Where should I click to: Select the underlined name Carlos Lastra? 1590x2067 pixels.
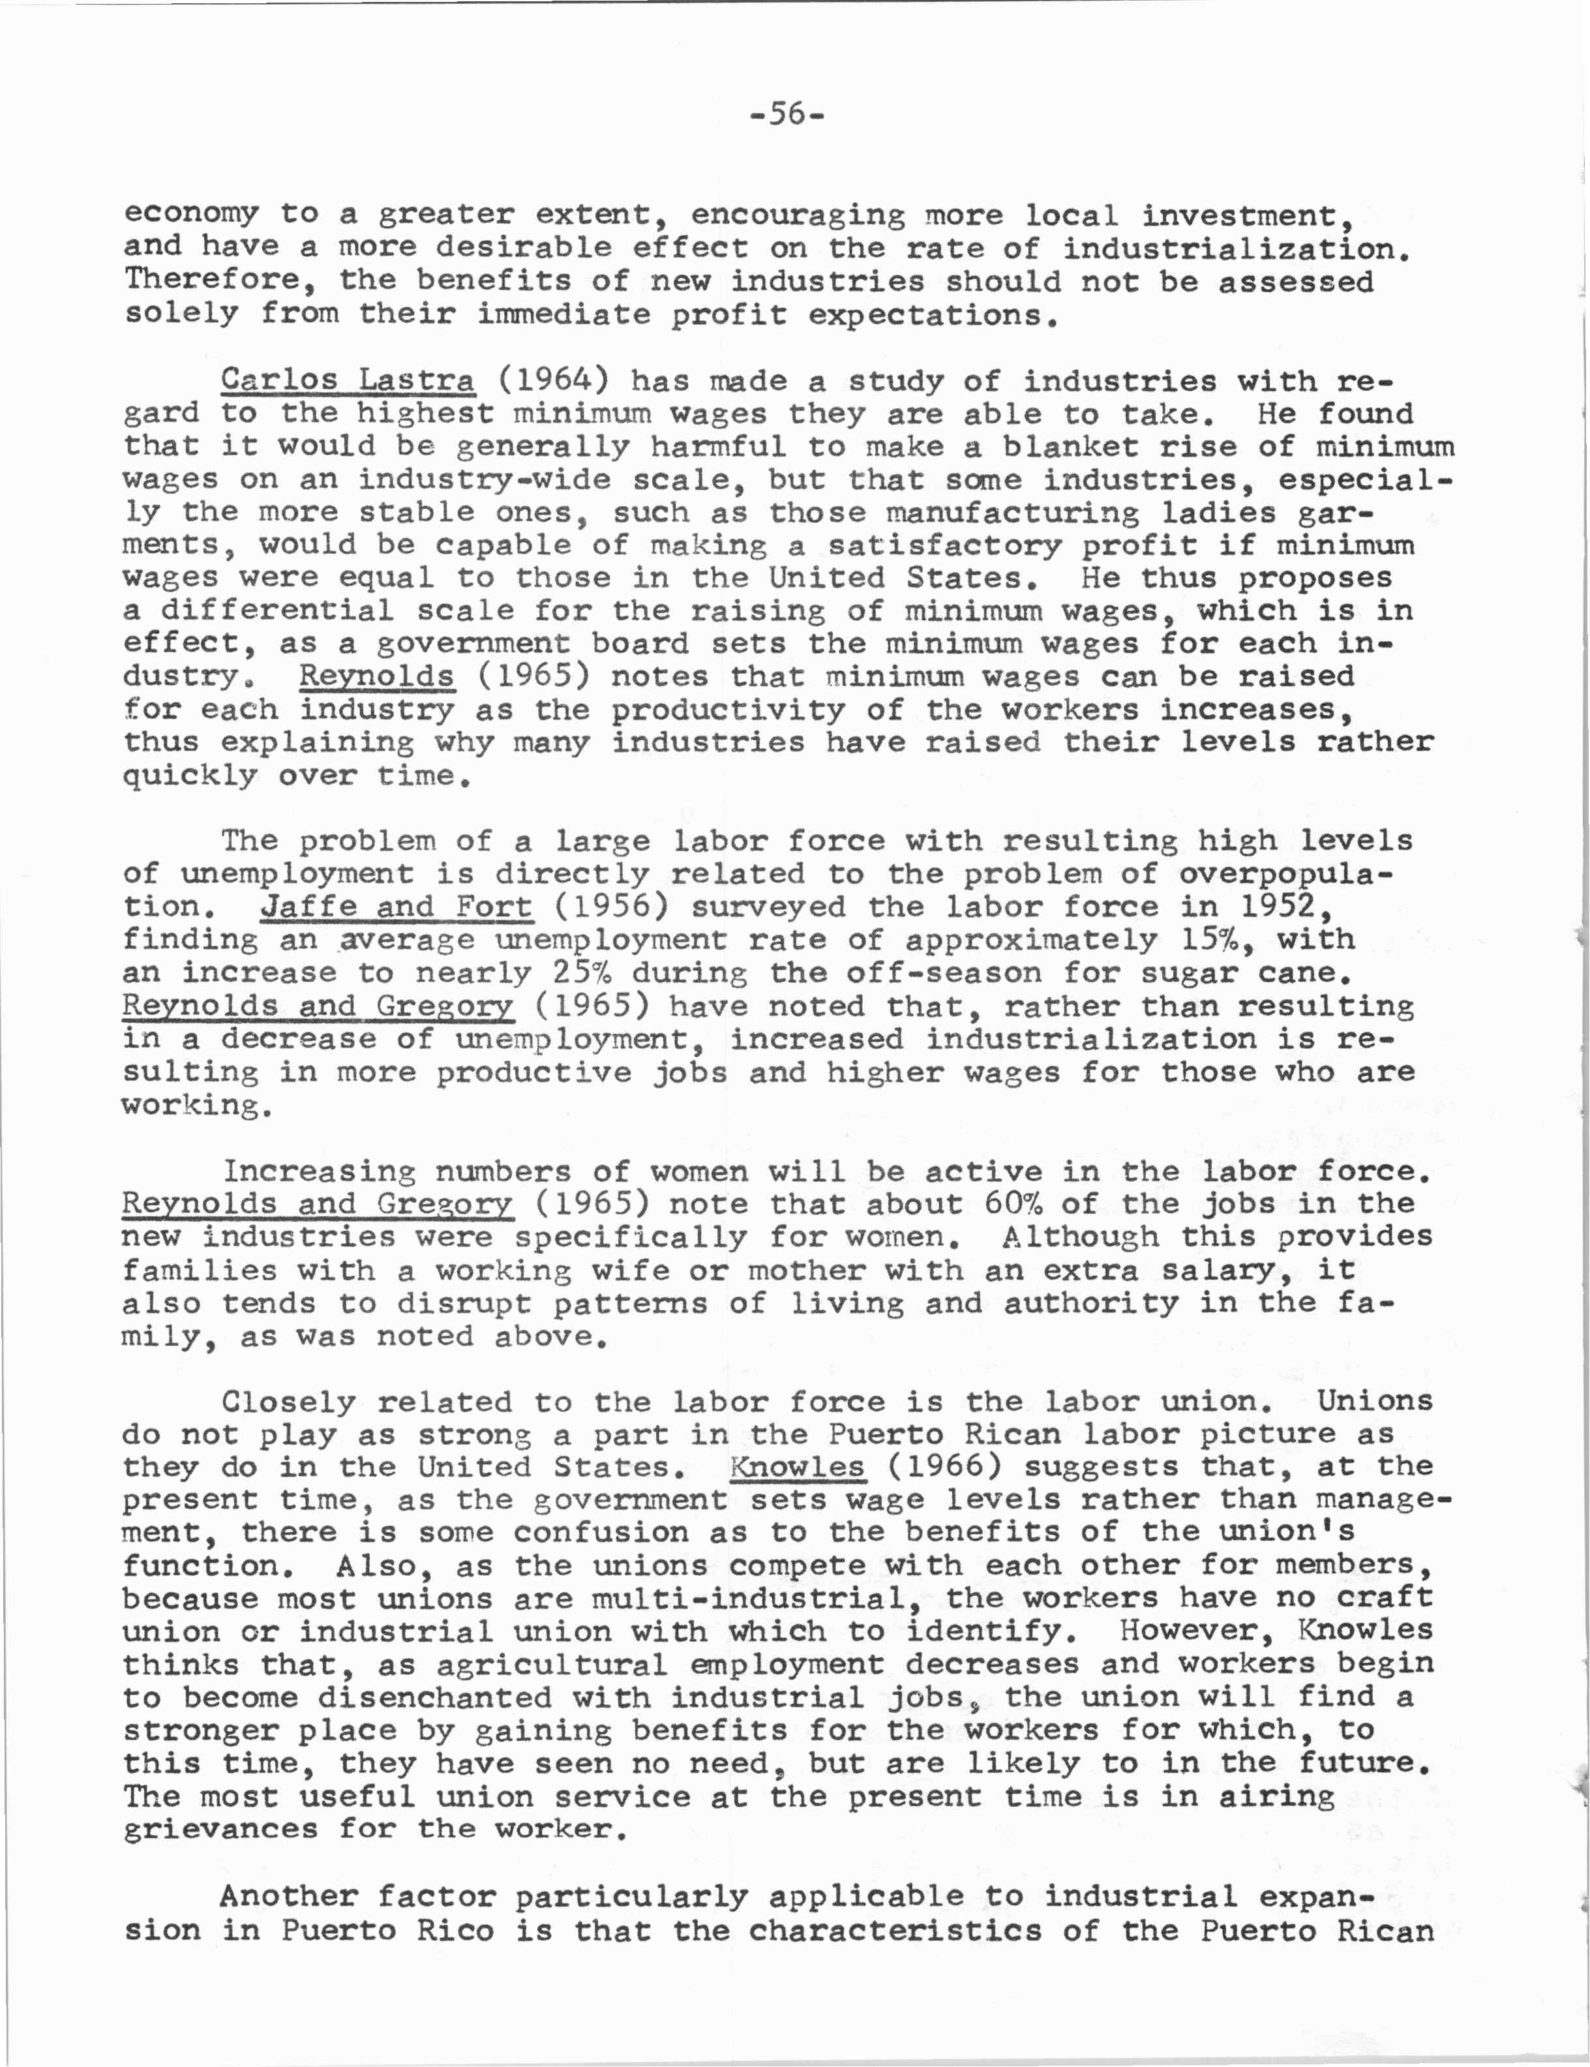click(x=348, y=380)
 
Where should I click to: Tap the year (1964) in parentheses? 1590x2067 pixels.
click(x=552, y=380)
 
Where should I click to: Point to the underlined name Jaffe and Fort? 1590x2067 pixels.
click(x=396, y=906)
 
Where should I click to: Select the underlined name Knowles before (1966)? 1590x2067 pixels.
click(x=797, y=1467)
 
